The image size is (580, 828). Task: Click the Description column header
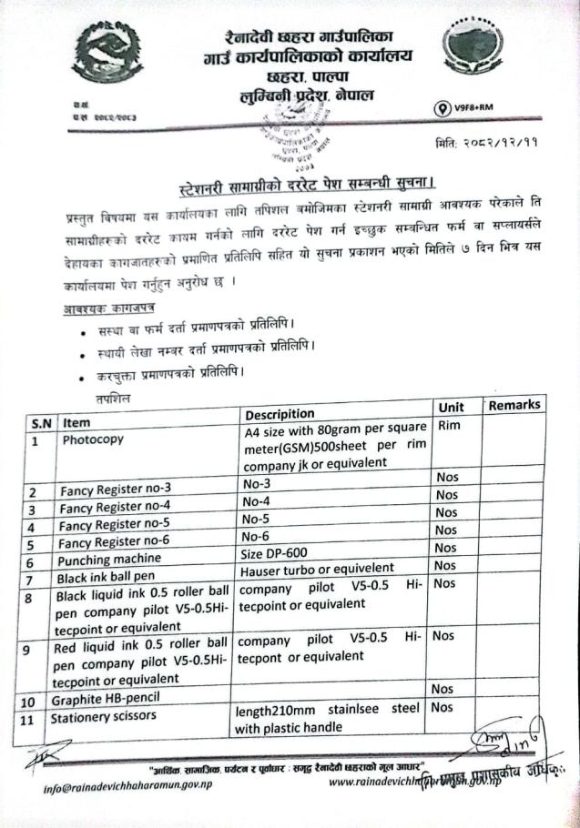point(280,415)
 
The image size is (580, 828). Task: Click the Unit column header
point(452,408)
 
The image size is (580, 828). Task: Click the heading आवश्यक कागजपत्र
point(103,309)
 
